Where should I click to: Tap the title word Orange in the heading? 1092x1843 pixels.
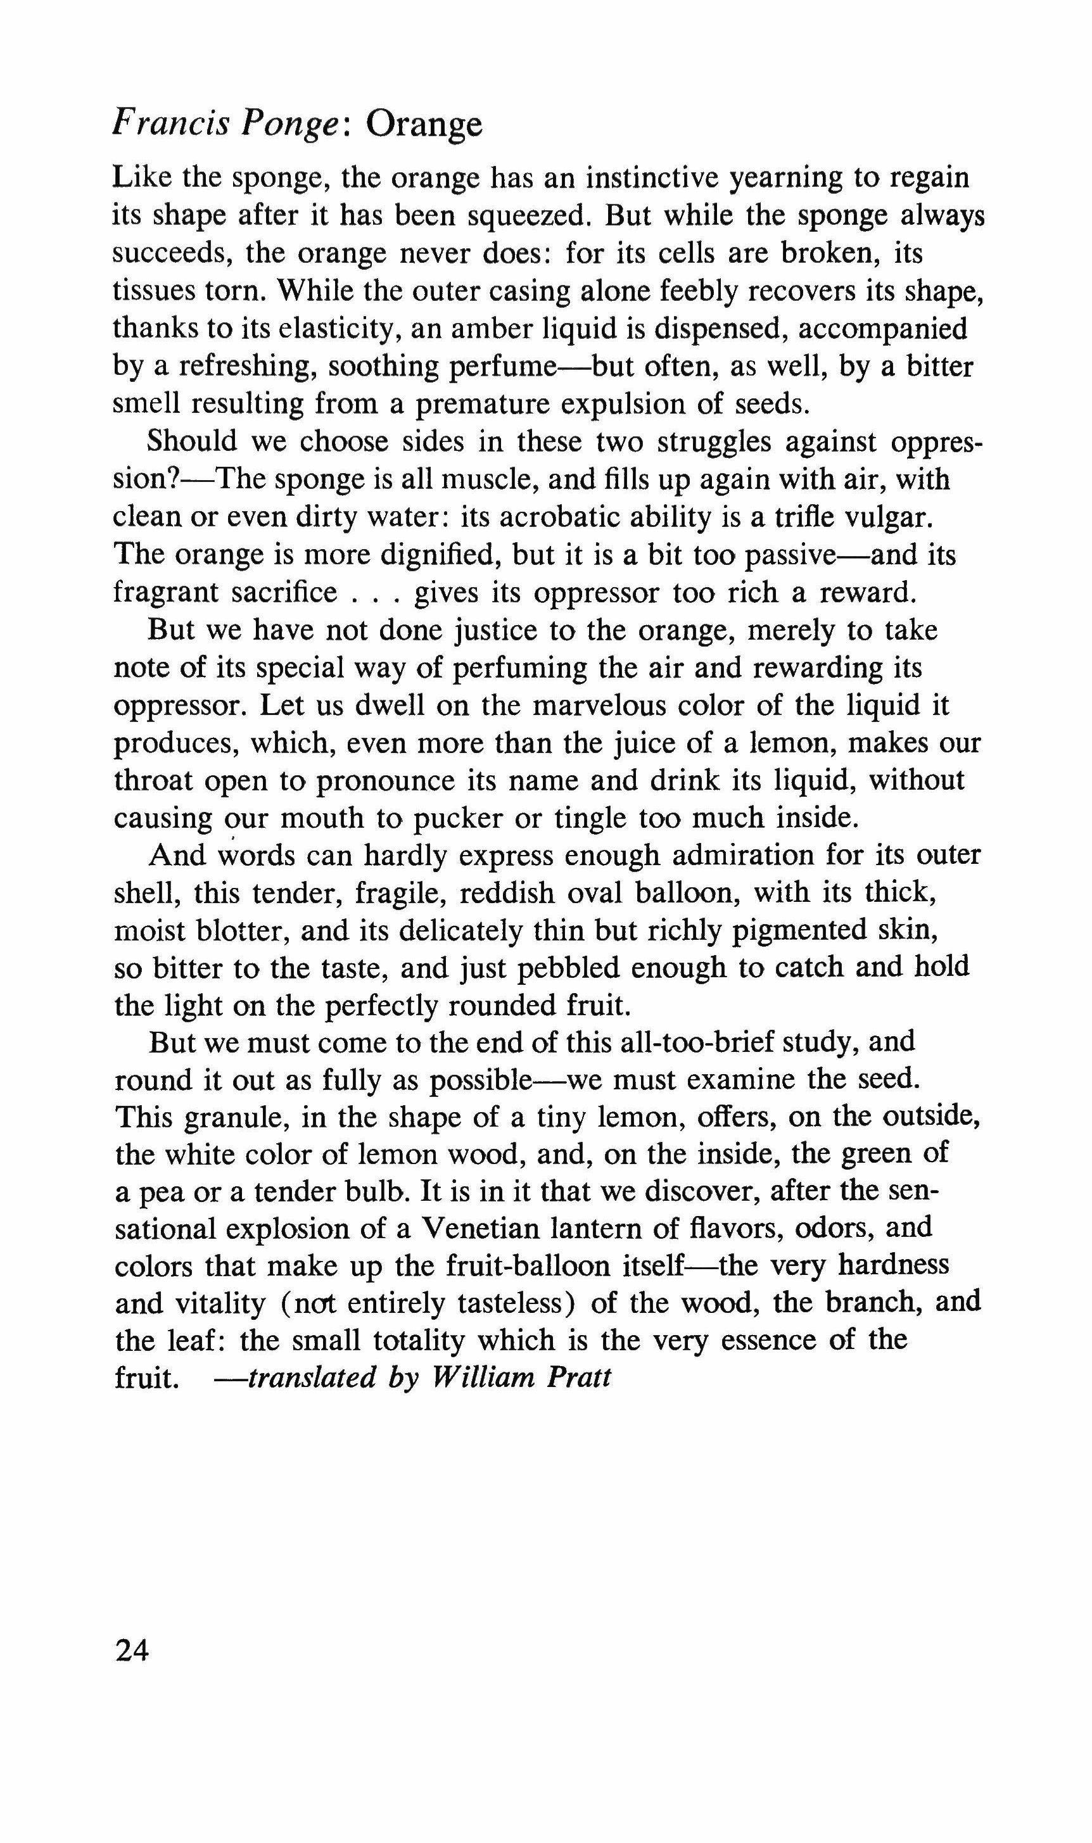(x=424, y=125)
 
